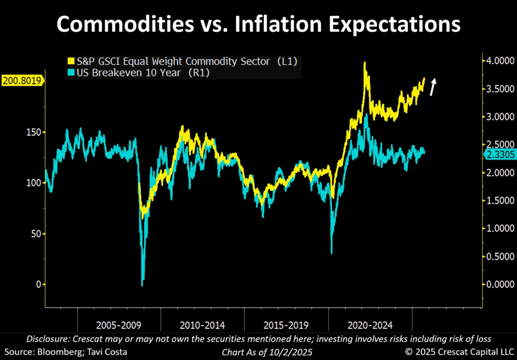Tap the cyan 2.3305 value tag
(499, 156)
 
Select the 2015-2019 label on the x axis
(286, 325)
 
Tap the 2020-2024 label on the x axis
(370, 325)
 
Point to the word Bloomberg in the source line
(60, 351)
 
